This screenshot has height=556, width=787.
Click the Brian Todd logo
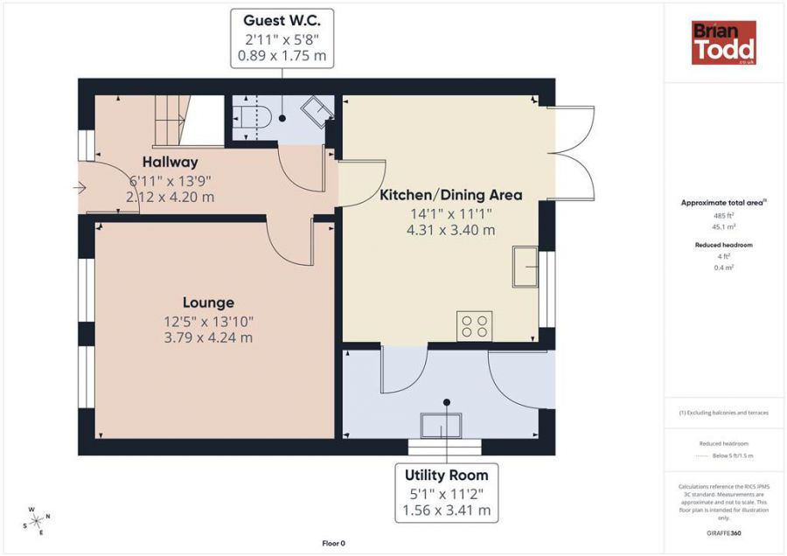click(x=724, y=43)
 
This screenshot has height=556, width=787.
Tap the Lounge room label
click(x=208, y=302)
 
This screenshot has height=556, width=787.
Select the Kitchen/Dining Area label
click(x=450, y=195)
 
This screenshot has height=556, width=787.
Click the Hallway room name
click(x=171, y=162)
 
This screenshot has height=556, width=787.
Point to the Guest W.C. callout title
click(x=282, y=21)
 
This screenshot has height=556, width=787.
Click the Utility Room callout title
click(x=447, y=476)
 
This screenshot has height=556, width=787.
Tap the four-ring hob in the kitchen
click(x=474, y=326)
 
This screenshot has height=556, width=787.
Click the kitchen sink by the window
click(x=525, y=267)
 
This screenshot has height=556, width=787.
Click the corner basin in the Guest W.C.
click(x=317, y=111)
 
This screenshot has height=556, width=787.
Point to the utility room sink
click(x=441, y=426)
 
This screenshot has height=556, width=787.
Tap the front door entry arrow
click(x=80, y=188)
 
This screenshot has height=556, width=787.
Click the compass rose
click(x=37, y=521)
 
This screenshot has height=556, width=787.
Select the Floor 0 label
click(x=334, y=543)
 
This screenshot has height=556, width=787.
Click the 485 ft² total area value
click(x=724, y=215)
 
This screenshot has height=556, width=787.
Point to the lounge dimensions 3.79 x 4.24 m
click(x=208, y=337)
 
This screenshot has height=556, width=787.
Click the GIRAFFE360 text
click(x=723, y=533)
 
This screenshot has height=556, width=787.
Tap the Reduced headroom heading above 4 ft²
click(x=724, y=245)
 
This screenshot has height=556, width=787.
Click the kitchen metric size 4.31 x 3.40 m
click(x=450, y=230)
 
